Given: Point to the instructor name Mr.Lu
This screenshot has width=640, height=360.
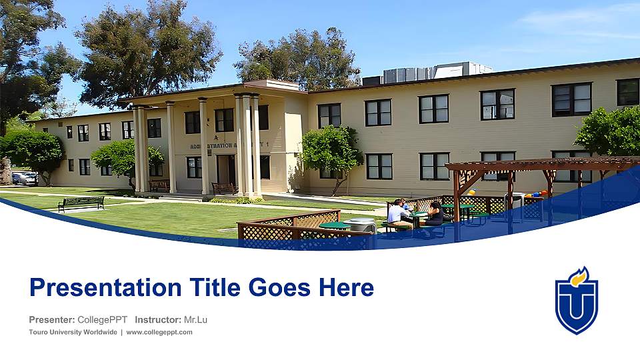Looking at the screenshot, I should tap(195, 320).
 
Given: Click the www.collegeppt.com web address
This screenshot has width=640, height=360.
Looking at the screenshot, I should tap(159, 332).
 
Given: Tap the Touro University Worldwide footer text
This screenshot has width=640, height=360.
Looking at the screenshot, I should tap(73, 332).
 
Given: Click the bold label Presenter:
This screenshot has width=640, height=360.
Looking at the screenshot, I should tap(52, 320).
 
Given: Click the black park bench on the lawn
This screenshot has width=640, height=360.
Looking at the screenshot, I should tap(81, 203).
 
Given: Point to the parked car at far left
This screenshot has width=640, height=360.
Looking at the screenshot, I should tap(25, 177).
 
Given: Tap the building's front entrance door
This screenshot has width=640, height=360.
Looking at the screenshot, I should tap(225, 169).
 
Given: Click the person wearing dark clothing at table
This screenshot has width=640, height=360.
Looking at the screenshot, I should tap(434, 214).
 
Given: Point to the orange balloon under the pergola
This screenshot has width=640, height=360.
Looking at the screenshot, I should tap(471, 193).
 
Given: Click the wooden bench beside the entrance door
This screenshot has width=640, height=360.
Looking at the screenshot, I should tap(224, 189).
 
